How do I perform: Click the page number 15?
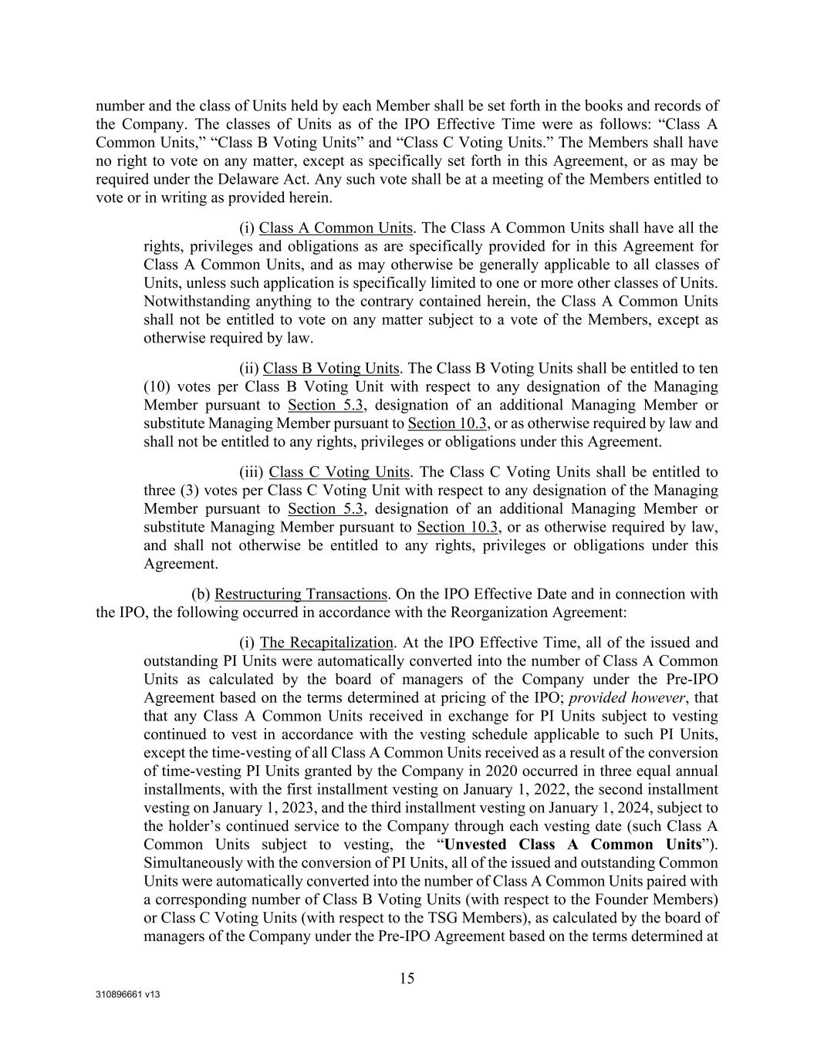(407, 979)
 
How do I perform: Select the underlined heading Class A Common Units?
(336, 228)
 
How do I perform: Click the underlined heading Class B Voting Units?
(331, 369)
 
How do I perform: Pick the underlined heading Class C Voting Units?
(339, 472)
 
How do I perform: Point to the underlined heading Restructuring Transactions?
(300, 594)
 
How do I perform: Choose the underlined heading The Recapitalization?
(326, 643)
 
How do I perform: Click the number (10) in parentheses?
(157, 386)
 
